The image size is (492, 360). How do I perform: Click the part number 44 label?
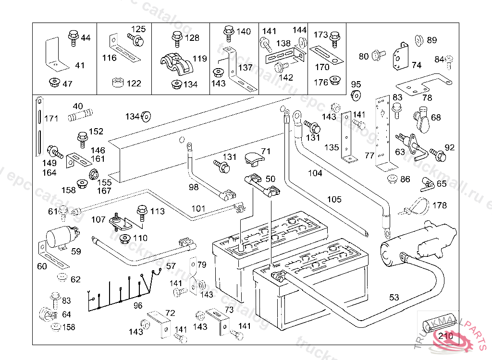coord(86,37)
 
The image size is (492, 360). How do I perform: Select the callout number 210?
coord(446,336)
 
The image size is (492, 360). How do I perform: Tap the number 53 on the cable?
coord(394,298)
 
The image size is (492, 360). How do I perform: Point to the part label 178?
coord(439,205)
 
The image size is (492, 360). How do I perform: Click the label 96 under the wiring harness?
coord(138,305)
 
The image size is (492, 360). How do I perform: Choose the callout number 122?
coord(134,84)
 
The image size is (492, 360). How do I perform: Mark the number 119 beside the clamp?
coord(199,59)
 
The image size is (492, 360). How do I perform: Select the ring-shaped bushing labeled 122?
coord(116,84)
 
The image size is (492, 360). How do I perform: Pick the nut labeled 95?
coord(356,95)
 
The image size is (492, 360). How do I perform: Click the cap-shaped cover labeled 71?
coord(253,158)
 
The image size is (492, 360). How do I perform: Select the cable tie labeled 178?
coord(417,206)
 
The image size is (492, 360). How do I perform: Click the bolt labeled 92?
coord(437,154)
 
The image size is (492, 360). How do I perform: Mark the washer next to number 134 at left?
coord(146,116)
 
